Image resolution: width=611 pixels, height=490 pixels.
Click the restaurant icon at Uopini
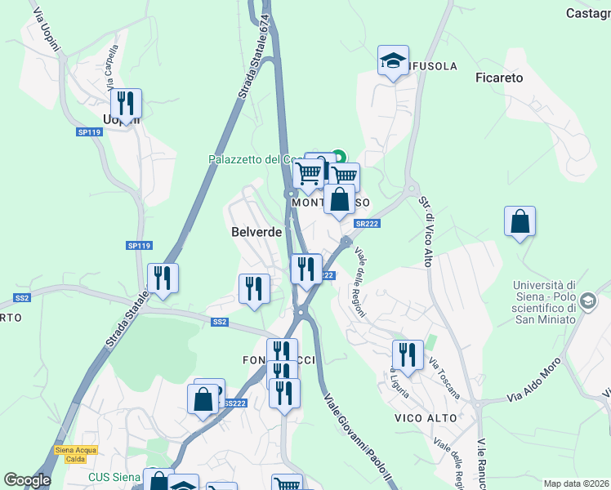click(126, 104)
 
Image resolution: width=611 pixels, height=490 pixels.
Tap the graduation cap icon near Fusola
click(393, 60)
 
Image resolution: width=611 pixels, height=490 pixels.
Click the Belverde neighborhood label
click(256, 232)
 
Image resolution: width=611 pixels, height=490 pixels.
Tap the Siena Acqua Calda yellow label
click(76, 453)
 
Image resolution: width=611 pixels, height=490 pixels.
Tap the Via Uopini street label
click(42, 28)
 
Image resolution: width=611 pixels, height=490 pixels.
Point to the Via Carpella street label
click(112, 68)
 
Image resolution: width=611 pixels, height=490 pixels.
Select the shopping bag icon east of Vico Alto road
click(520, 221)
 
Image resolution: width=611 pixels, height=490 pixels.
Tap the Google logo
click(27, 480)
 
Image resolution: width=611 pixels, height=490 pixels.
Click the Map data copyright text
click(575, 483)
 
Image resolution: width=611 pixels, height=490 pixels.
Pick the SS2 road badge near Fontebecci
click(219, 322)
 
